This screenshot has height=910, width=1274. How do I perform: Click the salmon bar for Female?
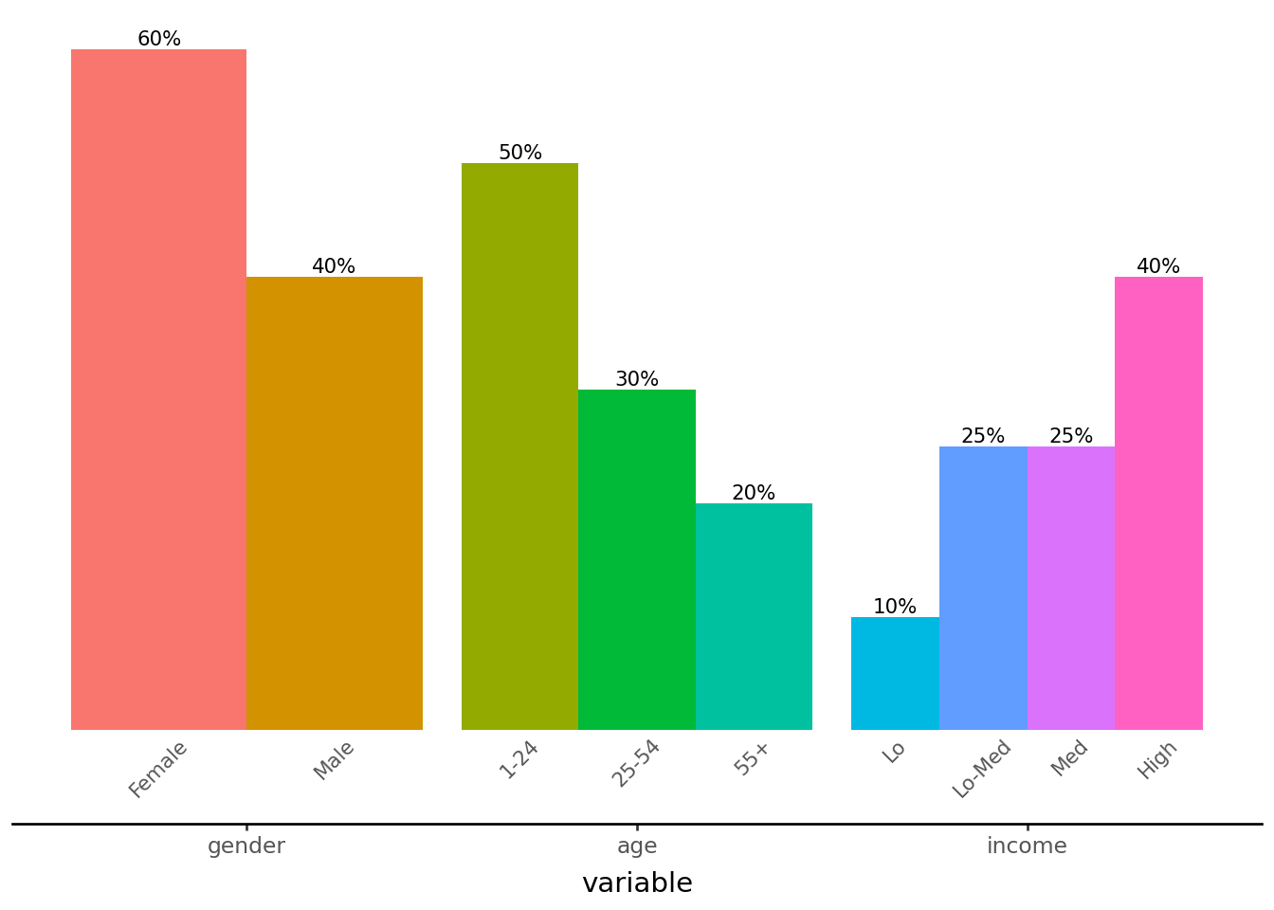(158, 389)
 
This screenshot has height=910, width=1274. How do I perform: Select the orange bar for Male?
(334, 502)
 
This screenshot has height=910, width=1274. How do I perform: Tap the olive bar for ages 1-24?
(519, 446)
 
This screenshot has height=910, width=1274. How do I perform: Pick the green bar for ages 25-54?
(637, 559)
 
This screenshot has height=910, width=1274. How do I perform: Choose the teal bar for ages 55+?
(754, 616)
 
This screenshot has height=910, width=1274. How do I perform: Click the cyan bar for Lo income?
(895, 673)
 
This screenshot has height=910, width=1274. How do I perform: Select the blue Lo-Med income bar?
(983, 588)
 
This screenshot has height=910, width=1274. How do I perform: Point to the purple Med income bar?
(1071, 588)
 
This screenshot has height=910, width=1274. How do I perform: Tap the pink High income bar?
(1158, 502)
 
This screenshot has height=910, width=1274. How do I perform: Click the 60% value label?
(159, 39)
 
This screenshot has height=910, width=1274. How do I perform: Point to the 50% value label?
(520, 153)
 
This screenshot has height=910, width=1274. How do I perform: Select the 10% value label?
(895, 607)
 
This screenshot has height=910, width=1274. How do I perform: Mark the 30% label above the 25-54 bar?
(637, 379)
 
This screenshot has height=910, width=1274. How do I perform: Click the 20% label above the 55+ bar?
(754, 493)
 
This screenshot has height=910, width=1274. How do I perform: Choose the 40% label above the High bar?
(1158, 266)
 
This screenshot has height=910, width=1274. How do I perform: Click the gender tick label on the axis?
(246, 846)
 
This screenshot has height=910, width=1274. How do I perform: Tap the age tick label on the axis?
(637, 846)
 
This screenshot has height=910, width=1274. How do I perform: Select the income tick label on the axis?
(1027, 846)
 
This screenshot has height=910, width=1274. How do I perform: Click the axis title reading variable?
(637, 883)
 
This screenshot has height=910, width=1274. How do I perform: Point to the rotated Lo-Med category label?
(982, 770)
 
